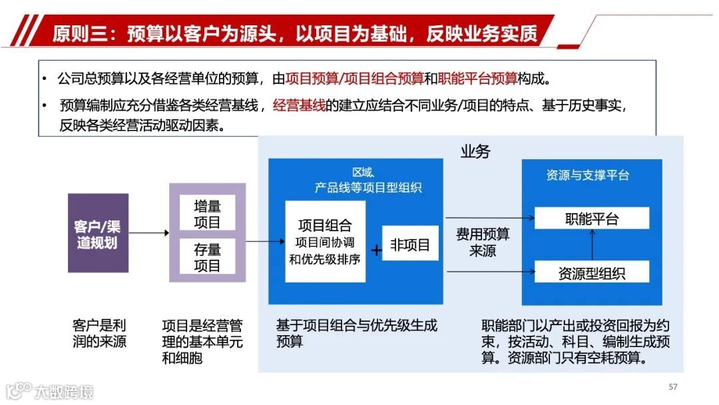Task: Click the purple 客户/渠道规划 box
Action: tap(98, 233)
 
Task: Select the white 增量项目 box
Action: tap(207, 214)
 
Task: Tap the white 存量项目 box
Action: tap(207, 258)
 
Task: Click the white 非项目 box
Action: tap(410, 244)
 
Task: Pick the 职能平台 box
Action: tap(592, 218)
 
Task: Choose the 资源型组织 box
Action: tap(592, 272)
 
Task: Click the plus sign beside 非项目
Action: tap(376, 250)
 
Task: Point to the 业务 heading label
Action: tap(475, 152)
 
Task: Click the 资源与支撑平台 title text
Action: tap(587, 175)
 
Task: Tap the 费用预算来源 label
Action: tap(483, 242)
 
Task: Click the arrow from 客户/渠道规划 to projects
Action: tap(148, 233)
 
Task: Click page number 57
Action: tap(672, 387)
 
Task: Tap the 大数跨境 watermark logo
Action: tap(49, 390)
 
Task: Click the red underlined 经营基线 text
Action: tap(299, 105)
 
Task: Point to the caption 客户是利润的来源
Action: tap(99, 334)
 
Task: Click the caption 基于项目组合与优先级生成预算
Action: tap(356, 333)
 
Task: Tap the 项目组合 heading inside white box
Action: tap(324, 225)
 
